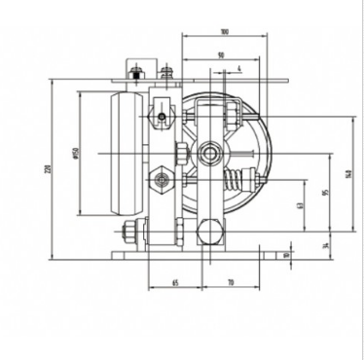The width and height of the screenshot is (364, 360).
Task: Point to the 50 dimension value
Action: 222,56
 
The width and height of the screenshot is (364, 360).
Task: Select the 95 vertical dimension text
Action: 327,192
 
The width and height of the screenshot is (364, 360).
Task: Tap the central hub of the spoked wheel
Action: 209,155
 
